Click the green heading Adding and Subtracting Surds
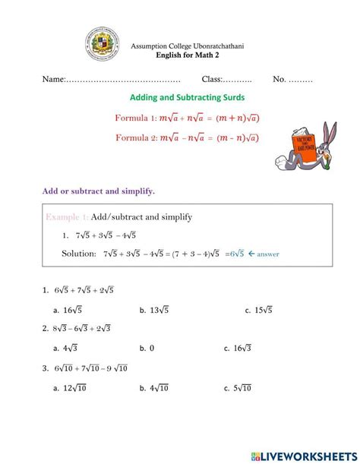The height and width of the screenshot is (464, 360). click(187, 98)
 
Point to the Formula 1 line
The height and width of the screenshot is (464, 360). click(187, 118)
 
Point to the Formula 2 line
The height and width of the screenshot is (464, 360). click(187, 137)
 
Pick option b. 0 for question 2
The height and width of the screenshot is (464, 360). click(147, 348)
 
